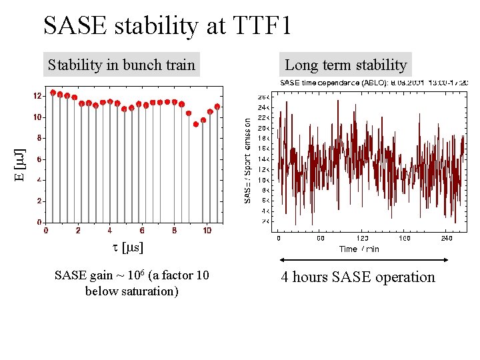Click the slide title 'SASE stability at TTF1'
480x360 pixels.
pyautogui.click(x=167, y=26)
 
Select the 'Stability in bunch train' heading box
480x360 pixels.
pyautogui.click(x=121, y=65)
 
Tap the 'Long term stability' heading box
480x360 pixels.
pyautogui.click(x=345, y=65)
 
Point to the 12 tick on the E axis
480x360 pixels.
pyautogui.click(x=37, y=96)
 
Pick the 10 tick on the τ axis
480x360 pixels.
pyautogui.click(x=207, y=231)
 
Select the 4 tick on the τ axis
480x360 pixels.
pyautogui.click(x=110, y=231)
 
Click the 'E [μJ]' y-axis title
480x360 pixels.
pyautogui.click(x=21, y=166)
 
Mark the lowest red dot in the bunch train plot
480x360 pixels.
pyautogui.click(x=196, y=124)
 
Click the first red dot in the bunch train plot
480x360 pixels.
pyautogui.click(x=53, y=93)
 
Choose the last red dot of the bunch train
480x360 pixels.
pyautogui.click(x=217, y=107)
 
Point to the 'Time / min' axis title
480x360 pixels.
pyautogui.click(x=359, y=249)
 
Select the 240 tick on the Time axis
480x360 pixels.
pyautogui.click(x=447, y=238)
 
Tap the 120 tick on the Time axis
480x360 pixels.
pyautogui.click(x=363, y=238)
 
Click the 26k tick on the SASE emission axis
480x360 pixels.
pyautogui.click(x=263, y=97)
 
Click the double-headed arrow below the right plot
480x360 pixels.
pyautogui.click(x=363, y=260)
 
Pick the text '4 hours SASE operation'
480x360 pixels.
pyautogui.click(x=357, y=277)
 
